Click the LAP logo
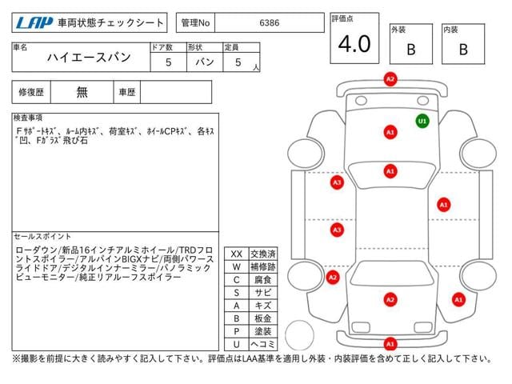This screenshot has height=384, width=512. pos(34,23)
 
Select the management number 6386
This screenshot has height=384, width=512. pos(270,23)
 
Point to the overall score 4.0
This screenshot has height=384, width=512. pos(354,44)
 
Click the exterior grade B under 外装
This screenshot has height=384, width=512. pos(411,50)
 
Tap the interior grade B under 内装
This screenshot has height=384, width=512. pos(463,50)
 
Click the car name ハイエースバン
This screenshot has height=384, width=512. pos(89,58)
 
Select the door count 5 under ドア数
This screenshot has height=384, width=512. pos(169,62)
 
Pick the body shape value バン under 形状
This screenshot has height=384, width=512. pos(205,62)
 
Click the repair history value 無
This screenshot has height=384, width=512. pos(82,92)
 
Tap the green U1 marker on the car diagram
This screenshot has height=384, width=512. pos(422,121)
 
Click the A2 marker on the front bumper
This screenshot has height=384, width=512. pos(390,79)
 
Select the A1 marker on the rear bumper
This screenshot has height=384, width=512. pos(390,344)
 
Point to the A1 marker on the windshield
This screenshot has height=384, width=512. pos(390,171)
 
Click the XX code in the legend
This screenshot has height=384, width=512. pos(237,254)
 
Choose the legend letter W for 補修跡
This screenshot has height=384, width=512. pos(237,266)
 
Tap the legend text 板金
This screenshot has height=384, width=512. pos(263,318)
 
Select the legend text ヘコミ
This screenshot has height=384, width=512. pos(263,344)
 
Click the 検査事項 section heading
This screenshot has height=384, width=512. pos(28,118)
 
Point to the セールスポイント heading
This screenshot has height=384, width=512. pos(42,237)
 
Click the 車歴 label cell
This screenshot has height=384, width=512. pos(127,92)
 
